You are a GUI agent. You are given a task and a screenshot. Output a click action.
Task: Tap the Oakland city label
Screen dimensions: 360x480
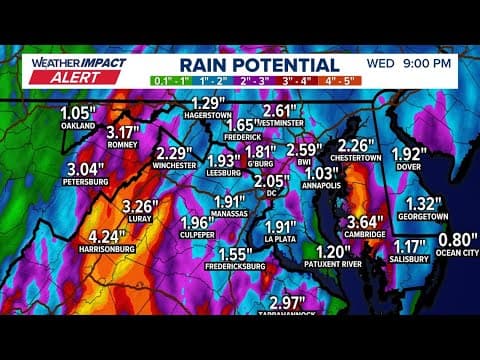pyautogui.click(x=77, y=127)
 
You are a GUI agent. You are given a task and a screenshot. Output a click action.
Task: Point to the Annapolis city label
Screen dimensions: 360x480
pyautogui.click(x=322, y=187)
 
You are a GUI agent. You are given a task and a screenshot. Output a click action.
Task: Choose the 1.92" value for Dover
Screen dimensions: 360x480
pyautogui.click(x=409, y=154)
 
